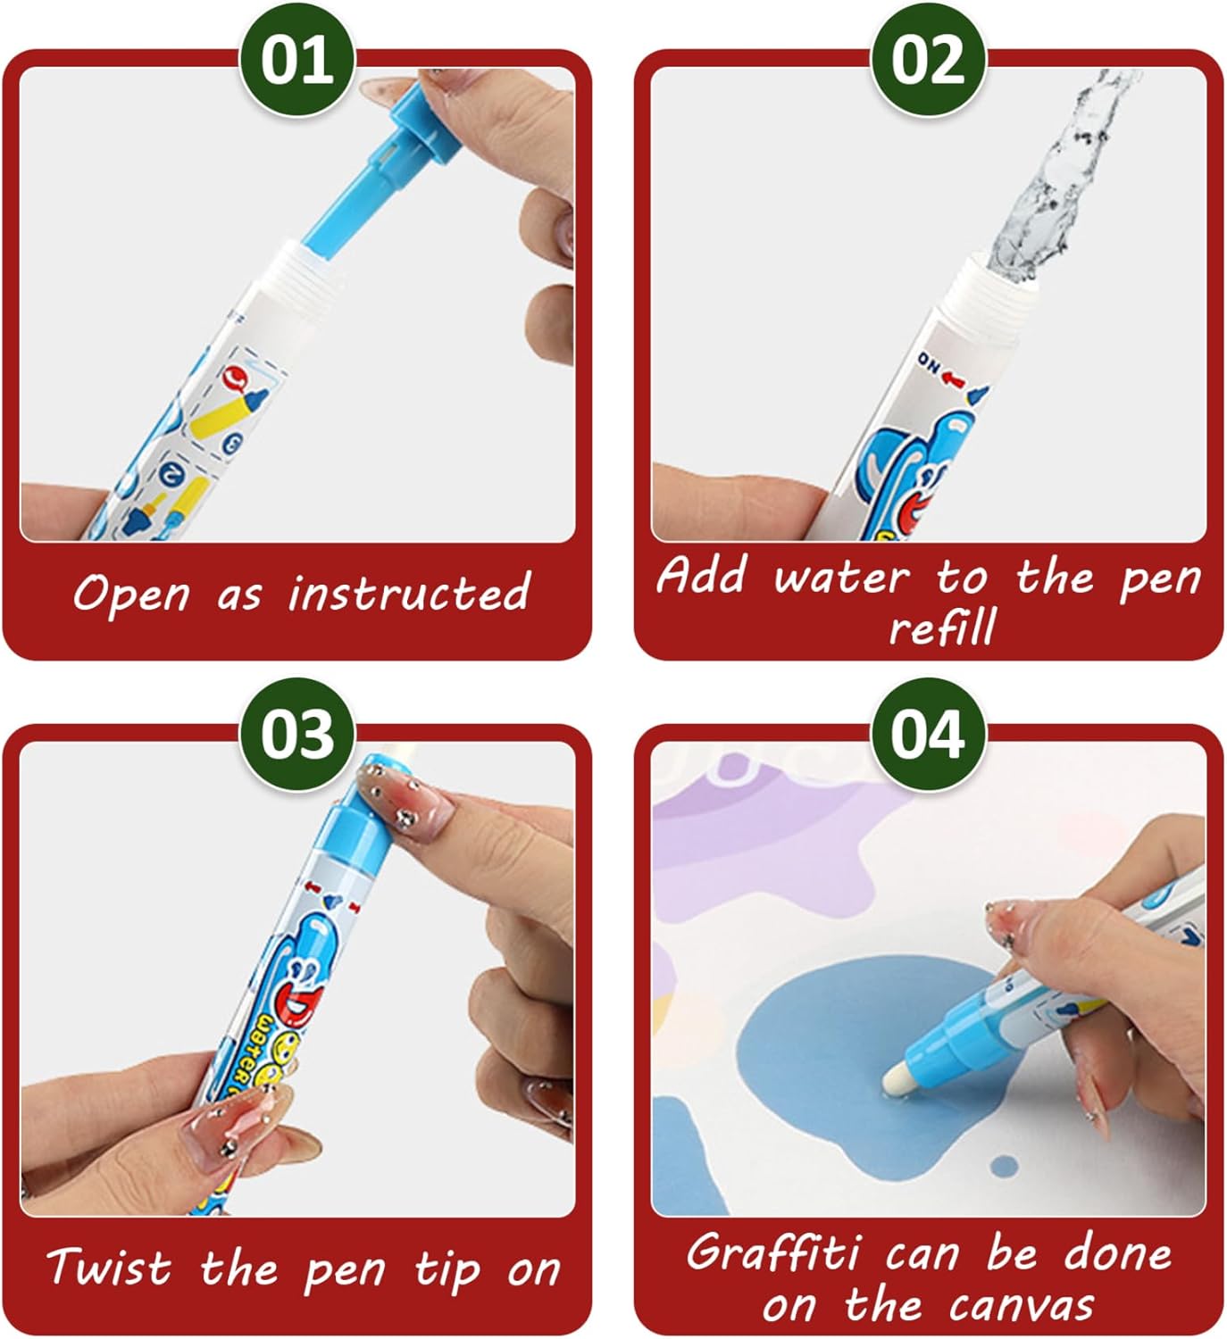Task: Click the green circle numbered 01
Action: pyautogui.click(x=296, y=60)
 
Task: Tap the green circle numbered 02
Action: pyautogui.click(x=928, y=60)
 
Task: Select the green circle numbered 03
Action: pyautogui.click(x=296, y=735)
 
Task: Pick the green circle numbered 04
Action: pyautogui.click(x=928, y=735)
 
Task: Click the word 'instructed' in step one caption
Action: pyautogui.click(x=409, y=592)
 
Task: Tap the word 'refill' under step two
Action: pyautogui.click(x=943, y=626)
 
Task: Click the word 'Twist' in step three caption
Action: pyautogui.click(x=108, y=1266)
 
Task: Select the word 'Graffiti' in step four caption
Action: pyautogui.click(x=772, y=1252)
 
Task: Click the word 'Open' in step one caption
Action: pyautogui.click(x=131, y=595)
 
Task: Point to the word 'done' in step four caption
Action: pyautogui.click(x=1117, y=1253)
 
